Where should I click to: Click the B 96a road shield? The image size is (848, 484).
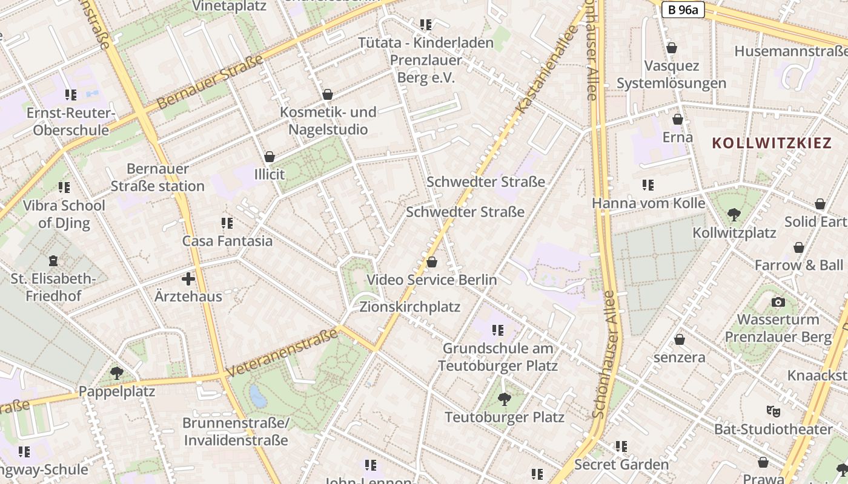click(683, 10)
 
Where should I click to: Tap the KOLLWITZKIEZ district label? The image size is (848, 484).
click(771, 143)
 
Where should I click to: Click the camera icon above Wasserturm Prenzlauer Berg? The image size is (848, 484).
click(778, 301)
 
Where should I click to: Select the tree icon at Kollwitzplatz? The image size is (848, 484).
click(734, 214)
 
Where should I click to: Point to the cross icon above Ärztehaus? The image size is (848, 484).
click(188, 279)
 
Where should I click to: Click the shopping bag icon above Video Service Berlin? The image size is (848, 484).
click(432, 262)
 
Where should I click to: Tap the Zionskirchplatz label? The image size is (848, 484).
click(410, 307)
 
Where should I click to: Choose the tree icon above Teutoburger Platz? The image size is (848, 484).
click(504, 399)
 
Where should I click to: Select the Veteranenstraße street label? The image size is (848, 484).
click(282, 353)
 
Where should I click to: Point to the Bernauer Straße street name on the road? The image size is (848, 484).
click(210, 82)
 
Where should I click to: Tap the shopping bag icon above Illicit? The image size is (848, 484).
click(270, 157)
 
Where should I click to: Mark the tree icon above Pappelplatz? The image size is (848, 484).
click(116, 373)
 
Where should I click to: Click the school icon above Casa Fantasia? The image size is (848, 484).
click(227, 223)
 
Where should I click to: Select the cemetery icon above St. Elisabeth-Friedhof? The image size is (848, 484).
click(53, 261)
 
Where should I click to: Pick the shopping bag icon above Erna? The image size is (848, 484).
click(678, 119)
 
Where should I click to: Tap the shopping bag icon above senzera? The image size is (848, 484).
click(680, 339)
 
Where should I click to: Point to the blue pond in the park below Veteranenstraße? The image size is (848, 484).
click(258, 397)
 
